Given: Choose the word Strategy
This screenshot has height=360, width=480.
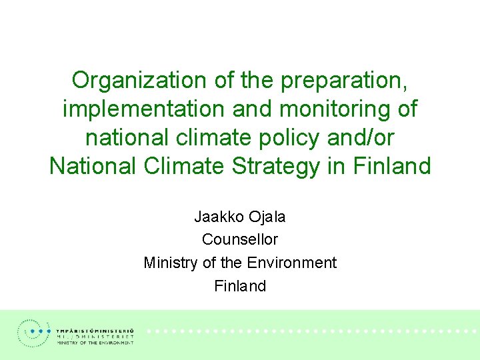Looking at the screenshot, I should (276, 167).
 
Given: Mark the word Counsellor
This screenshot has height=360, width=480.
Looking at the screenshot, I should (240, 239).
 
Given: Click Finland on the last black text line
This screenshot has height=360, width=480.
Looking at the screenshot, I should (240, 286).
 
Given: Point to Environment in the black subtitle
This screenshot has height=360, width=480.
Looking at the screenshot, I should (292, 263).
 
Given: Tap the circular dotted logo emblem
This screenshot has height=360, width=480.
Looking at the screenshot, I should (33, 333).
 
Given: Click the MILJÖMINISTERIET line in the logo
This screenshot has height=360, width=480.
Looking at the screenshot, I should (95, 337).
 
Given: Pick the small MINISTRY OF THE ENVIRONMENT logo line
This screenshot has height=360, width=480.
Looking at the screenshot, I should (95, 343).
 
